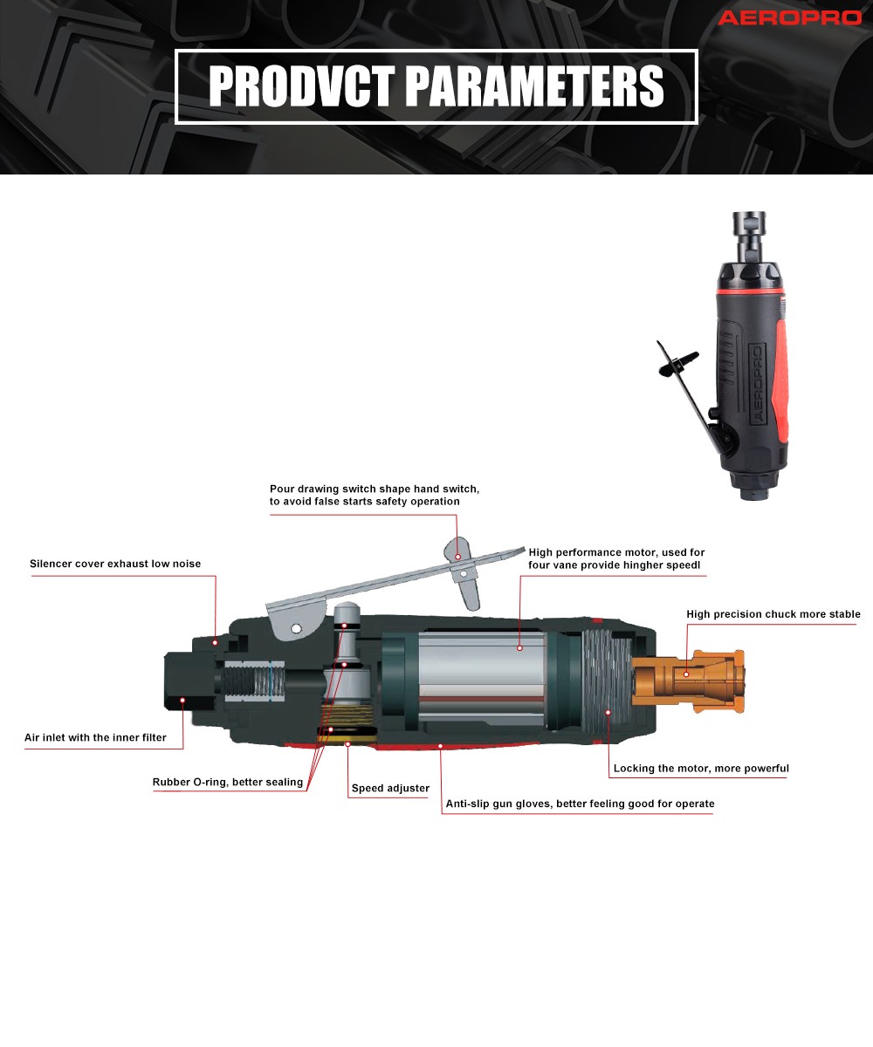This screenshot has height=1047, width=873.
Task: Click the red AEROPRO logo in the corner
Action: (790, 18)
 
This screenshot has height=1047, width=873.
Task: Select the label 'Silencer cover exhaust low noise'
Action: (115, 564)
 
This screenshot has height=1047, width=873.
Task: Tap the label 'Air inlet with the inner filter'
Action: (95, 737)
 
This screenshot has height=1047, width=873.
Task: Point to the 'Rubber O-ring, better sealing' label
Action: (228, 783)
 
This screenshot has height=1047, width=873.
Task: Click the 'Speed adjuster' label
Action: (390, 788)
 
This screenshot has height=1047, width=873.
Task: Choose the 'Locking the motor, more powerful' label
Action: (701, 768)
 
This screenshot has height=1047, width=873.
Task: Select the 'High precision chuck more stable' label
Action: (773, 614)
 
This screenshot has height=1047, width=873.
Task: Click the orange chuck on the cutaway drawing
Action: (687, 681)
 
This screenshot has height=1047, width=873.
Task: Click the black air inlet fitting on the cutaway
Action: (189, 681)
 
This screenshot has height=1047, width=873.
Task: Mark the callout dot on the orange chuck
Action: (686, 674)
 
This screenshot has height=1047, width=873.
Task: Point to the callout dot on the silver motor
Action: (519, 648)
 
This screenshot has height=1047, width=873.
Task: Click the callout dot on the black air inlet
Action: (182, 701)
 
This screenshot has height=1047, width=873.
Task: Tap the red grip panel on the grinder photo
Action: (779, 381)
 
